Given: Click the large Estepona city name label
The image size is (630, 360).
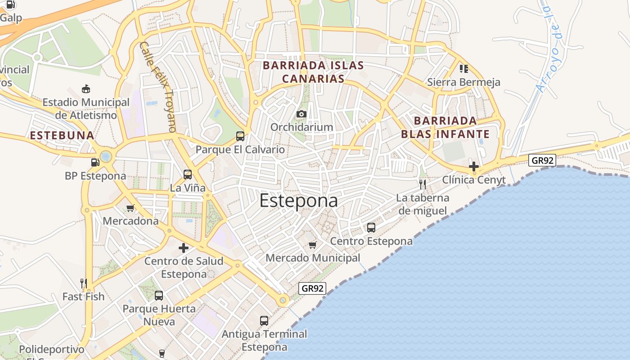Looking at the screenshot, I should tap(298, 201).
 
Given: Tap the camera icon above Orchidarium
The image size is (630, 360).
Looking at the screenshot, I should tap(301, 114).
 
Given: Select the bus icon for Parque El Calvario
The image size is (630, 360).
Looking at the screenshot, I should tap(240, 136).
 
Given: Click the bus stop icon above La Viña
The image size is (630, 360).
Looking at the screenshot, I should tap(188, 175).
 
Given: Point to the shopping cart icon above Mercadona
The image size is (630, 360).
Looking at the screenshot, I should tap(130, 208).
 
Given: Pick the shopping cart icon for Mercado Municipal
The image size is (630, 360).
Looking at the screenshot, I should tap(313, 245).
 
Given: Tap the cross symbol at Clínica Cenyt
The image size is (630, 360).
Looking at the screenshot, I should tap(473, 166).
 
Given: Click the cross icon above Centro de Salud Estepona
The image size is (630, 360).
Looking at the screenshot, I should tap(184, 248).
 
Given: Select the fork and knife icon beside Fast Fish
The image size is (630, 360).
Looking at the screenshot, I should tap(83, 283).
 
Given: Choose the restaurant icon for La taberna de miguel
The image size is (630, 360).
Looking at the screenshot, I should tap(422, 184).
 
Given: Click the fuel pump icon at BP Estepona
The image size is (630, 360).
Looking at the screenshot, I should tap(95, 162).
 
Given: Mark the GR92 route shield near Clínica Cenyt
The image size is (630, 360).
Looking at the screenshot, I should tap(542, 160).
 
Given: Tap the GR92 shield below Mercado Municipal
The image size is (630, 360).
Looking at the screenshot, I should tap(312, 288).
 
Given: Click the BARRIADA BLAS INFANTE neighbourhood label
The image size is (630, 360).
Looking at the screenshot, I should tap(445, 127).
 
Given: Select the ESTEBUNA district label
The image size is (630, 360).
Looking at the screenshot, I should tap(62, 135).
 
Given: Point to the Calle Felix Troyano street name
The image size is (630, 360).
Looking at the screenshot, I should tap(157, 87).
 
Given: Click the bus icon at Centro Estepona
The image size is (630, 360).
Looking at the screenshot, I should tap(371, 228).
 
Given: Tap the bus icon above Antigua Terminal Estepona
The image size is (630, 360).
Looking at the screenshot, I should tap(264, 321).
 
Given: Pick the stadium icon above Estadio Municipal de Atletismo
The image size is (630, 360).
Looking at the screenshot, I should tap(86, 89).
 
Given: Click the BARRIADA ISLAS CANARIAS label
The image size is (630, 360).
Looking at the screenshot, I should tap(313, 72).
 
